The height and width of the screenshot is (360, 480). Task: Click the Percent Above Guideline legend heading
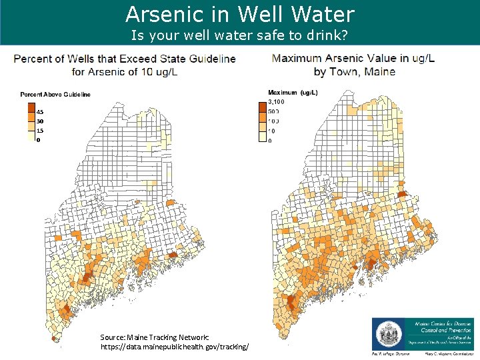click(55, 95)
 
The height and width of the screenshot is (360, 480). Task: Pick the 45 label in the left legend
click(40, 112)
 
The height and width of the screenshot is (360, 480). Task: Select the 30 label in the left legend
click(40, 121)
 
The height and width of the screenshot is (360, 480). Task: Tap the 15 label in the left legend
click(40, 131)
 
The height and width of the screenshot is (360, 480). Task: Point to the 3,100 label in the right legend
click(276, 101)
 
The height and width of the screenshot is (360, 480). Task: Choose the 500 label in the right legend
click(273, 111)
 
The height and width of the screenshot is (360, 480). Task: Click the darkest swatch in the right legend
click(262, 105)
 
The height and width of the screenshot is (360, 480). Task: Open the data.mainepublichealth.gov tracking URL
click(175, 347)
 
